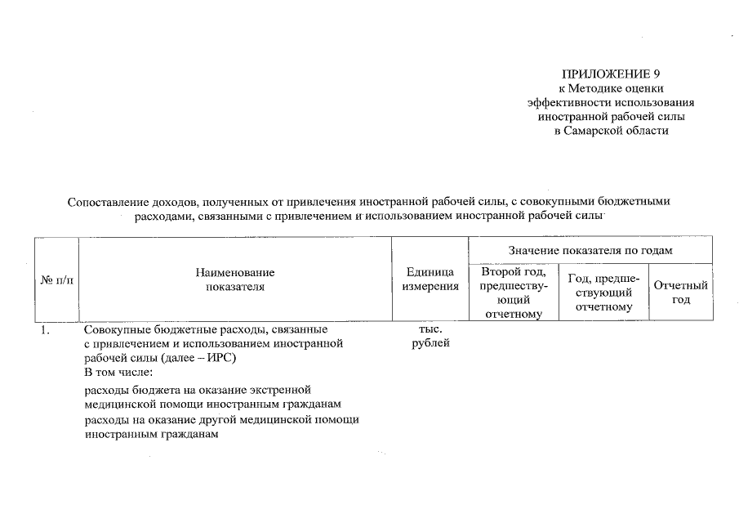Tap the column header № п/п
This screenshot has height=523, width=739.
(x=56, y=280)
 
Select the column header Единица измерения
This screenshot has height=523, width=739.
(x=430, y=279)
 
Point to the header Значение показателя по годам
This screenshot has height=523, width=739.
(x=590, y=250)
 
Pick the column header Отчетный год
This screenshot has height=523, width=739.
(x=681, y=293)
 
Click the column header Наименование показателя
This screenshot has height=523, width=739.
(x=235, y=279)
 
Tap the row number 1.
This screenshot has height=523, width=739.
(x=46, y=330)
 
